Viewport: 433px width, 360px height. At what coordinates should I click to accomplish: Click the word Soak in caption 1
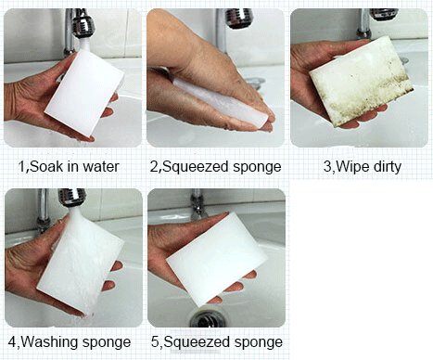[x=45, y=166]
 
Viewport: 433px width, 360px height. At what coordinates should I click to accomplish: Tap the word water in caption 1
[x=101, y=167]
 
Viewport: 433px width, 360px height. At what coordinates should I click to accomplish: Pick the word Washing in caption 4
[x=49, y=342]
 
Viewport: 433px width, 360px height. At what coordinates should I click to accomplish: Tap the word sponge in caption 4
[x=107, y=343]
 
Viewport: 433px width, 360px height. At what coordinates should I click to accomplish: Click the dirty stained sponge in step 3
[x=361, y=81]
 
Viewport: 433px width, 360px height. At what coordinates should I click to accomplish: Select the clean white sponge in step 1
[x=84, y=92]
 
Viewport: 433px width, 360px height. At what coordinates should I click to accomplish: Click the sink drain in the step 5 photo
[x=207, y=318]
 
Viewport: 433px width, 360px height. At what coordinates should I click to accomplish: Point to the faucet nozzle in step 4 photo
[x=71, y=198]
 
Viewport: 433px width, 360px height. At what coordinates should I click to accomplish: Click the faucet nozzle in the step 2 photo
[x=238, y=18]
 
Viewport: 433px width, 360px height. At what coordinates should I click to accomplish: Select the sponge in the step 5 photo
[x=216, y=259]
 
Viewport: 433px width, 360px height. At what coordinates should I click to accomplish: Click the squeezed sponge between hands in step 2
[x=221, y=102]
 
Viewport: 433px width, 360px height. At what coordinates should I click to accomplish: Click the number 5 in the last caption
[x=155, y=342]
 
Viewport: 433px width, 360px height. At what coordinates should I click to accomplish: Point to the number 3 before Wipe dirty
[x=327, y=167]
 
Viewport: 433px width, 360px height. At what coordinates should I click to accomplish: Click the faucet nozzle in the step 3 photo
[x=384, y=14]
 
